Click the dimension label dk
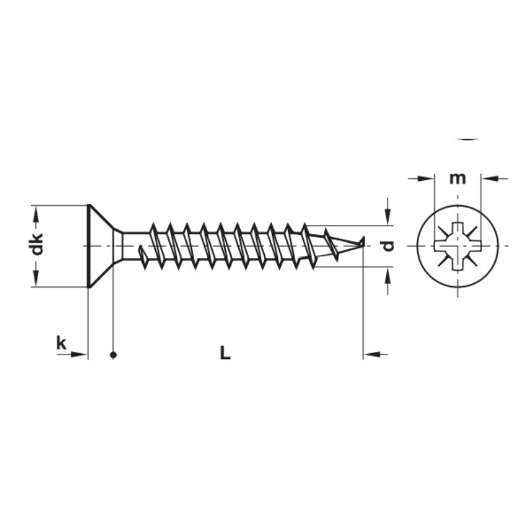(x=37, y=245)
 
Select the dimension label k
(x=61, y=343)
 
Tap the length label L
(x=225, y=353)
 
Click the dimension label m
(x=457, y=178)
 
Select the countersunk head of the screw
(x=99, y=246)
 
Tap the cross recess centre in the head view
(x=457, y=246)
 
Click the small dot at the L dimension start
(x=114, y=355)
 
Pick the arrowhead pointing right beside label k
(x=80, y=355)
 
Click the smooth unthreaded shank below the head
(x=132, y=246)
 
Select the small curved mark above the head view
(x=468, y=139)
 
